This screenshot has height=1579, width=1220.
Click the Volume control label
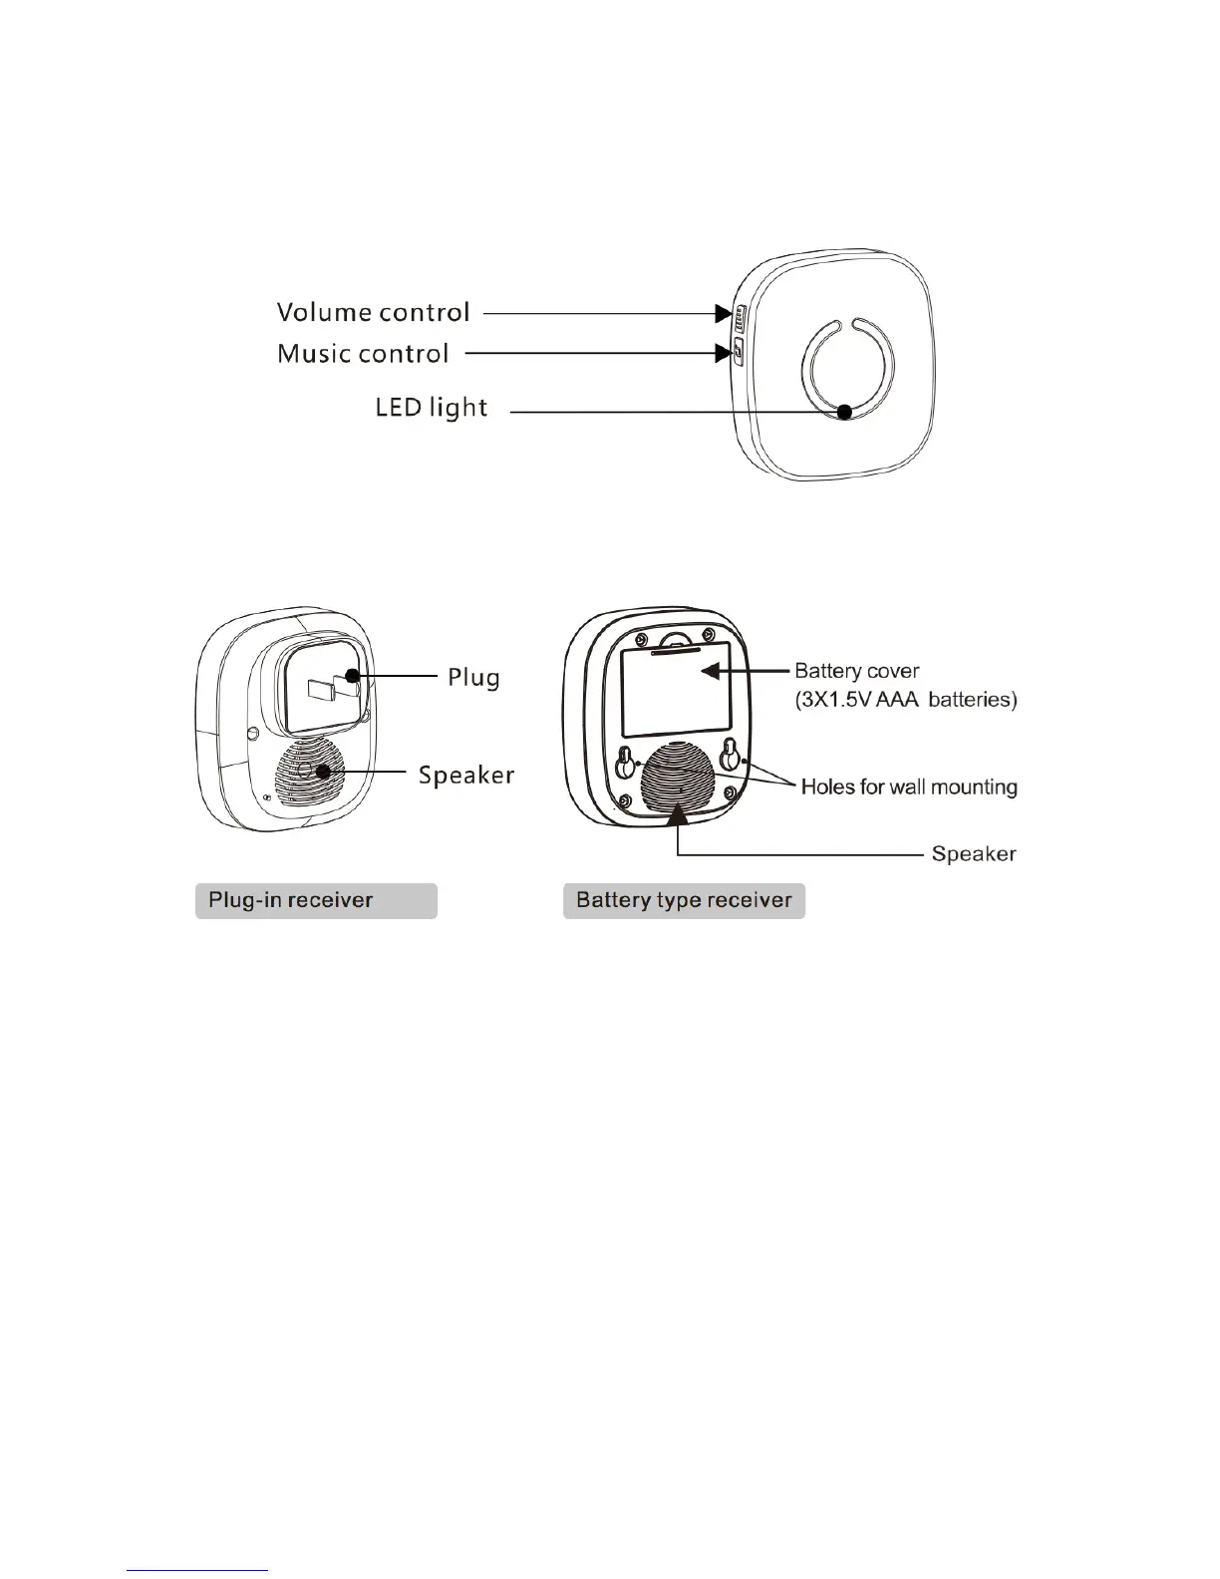[x=373, y=313]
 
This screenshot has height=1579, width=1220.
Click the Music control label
[x=363, y=354]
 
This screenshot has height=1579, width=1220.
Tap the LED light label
[x=431, y=408]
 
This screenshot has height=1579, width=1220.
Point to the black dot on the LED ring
[x=844, y=412]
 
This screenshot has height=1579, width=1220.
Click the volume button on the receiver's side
[x=739, y=318]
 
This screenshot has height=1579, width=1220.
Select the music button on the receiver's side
[x=739, y=352]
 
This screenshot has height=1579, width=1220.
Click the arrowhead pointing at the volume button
[x=724, y=314]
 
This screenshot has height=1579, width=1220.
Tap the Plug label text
[x=473, y=678]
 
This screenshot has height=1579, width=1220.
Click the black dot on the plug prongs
[x=352, y=677]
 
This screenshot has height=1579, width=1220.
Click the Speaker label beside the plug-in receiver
[x=465, y=775]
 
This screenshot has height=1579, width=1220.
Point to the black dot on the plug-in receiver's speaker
[x=323, y=772]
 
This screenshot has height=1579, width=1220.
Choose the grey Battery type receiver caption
[x=684, y=901]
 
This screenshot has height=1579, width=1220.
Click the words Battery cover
[x=856, y=671]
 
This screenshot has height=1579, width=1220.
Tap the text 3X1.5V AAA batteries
[x=906, y=700]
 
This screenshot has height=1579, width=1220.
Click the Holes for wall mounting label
[x=909, y=788]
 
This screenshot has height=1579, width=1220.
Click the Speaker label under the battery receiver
[x=973, y=854]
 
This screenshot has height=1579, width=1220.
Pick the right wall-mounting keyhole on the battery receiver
[x=732, y=755]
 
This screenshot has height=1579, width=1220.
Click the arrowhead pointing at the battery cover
[x=709, y=671]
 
